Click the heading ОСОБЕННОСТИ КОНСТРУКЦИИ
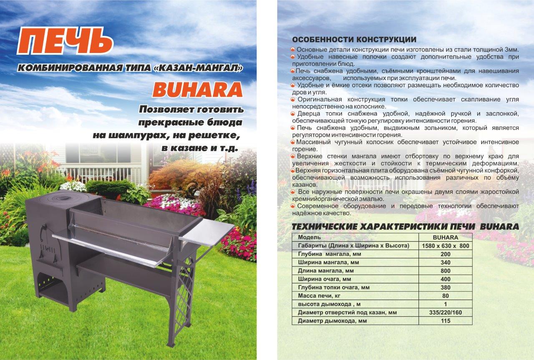click(354, 40)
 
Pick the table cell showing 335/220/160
click(446, 312)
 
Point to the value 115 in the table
click(446, 321)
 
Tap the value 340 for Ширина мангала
click(446, 262)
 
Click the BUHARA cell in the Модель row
click(446, 237)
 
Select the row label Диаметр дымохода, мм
click(332, 321)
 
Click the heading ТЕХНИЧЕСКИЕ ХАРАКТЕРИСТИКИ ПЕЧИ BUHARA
click(405, 227)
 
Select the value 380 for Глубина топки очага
click(446, 287)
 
